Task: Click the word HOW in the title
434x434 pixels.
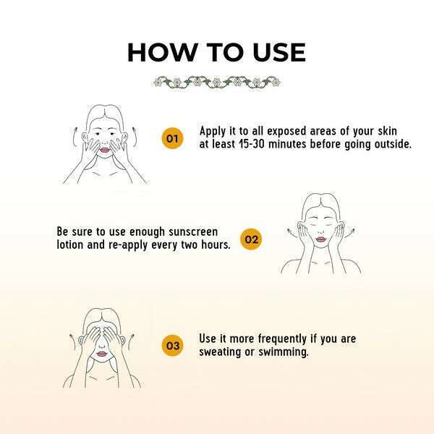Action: pyautogui.click(x=163, y=53)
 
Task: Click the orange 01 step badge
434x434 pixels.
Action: pyautogui.click(x=172, y=138)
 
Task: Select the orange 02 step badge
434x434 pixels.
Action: pyautogui.click(x=251, y=239)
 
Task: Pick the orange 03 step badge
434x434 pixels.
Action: pyautogui.click(x=172, y=346)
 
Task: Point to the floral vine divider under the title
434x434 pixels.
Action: pyautogui.click(x=217, y=82)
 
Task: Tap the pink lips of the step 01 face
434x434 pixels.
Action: pyautogui.click(x=105, y=150)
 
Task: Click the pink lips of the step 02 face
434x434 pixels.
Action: pyautogui.click(x=320, y=239)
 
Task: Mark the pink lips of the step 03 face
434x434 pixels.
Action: pyautogui.click(x=101, y=354)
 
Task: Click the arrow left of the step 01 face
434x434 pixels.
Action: pyautogui.click(x=75, y=137)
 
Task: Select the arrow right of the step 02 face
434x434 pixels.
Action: pyautogui.click(x=349, y=232)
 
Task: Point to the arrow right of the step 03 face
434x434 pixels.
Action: pyautogui.click(x=131, y=343)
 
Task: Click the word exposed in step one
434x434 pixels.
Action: pyautogui.click(x=286, y=131)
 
